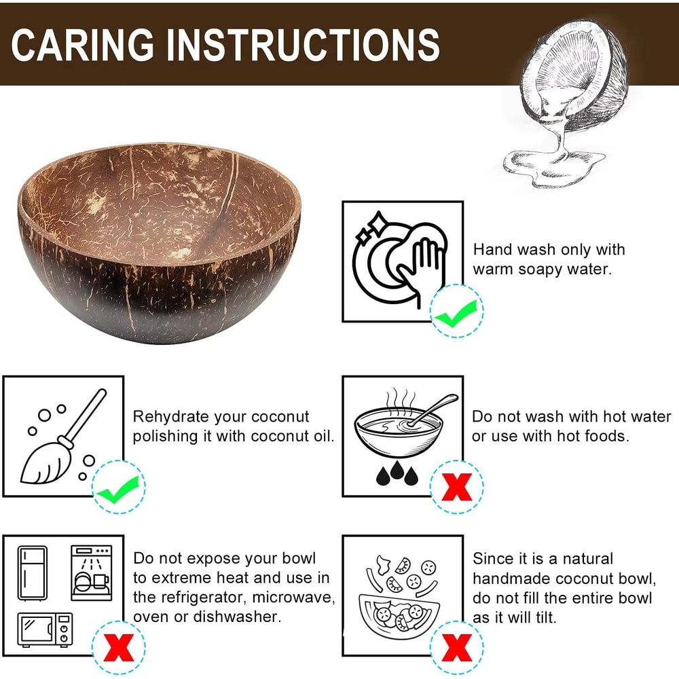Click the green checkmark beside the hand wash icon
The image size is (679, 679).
456,313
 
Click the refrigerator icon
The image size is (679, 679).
33,572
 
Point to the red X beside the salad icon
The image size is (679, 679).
456,646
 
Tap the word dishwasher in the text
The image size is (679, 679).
242,617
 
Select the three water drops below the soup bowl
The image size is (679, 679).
395,475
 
